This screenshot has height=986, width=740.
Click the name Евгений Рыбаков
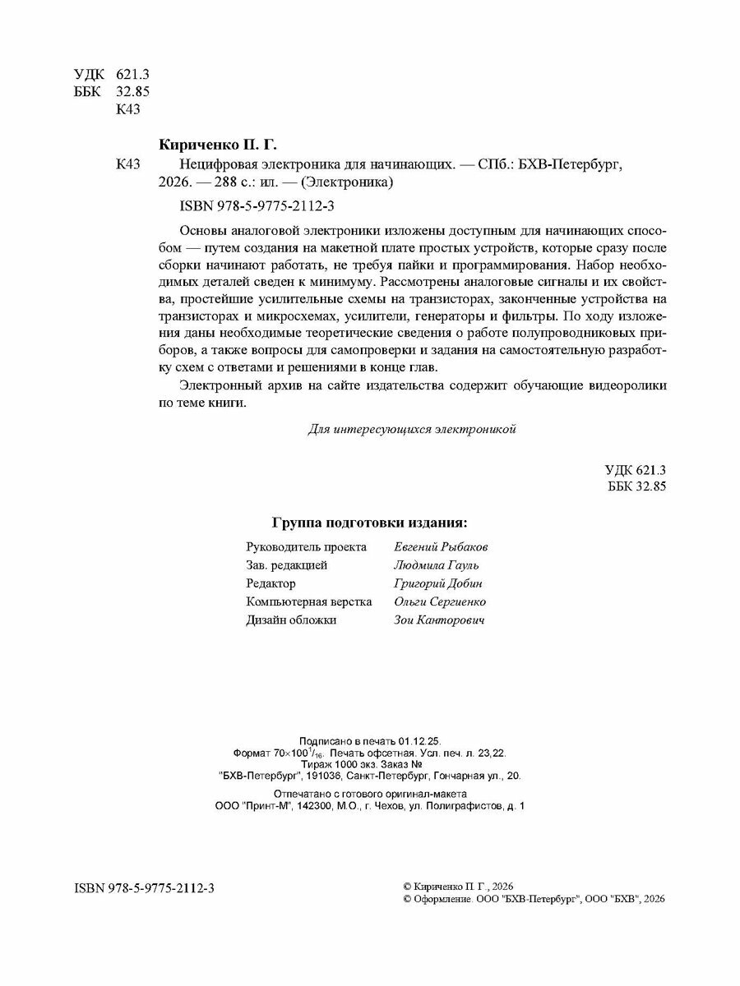point(441,546)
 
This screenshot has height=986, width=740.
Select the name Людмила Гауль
point(436,565)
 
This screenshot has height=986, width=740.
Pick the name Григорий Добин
point(437,583)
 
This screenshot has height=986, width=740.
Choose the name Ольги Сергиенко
point(440,601)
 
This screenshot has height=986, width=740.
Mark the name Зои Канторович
point(439,620)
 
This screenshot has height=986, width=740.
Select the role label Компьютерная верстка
point(308,601)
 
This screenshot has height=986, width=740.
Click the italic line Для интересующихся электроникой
point(411,429)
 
